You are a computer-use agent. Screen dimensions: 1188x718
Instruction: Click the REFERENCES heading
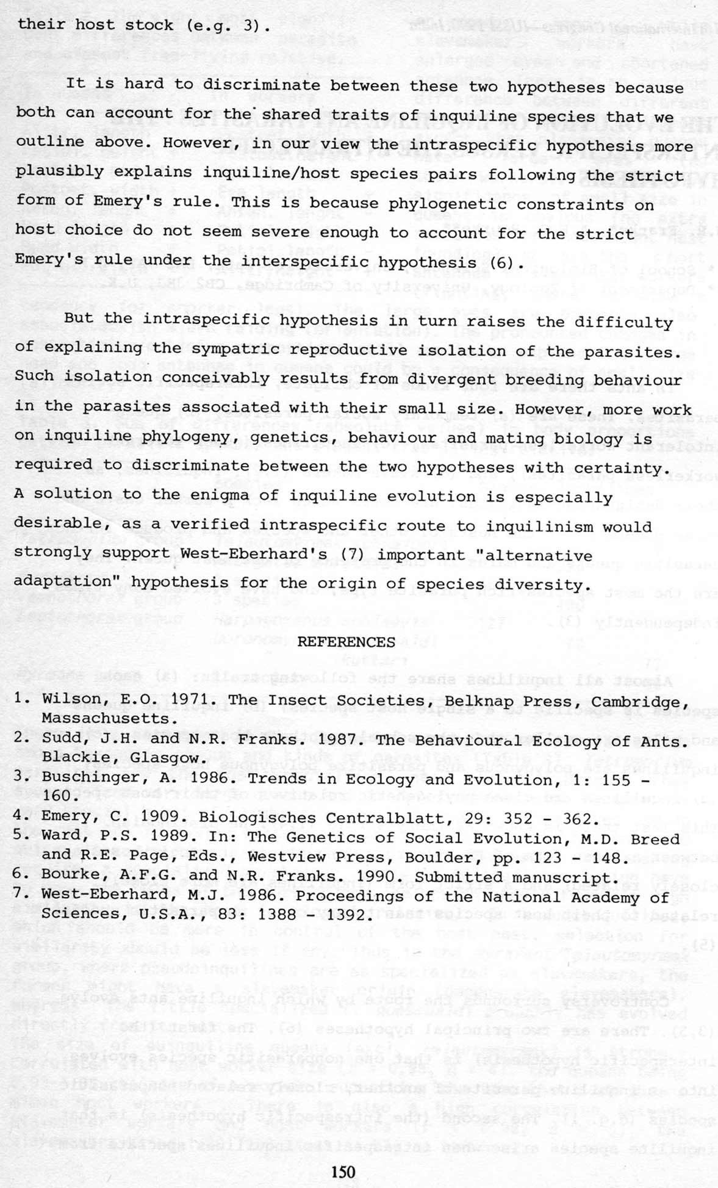click(x=346, y=642)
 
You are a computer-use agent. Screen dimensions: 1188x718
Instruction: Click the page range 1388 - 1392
click(x=315, y=915)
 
